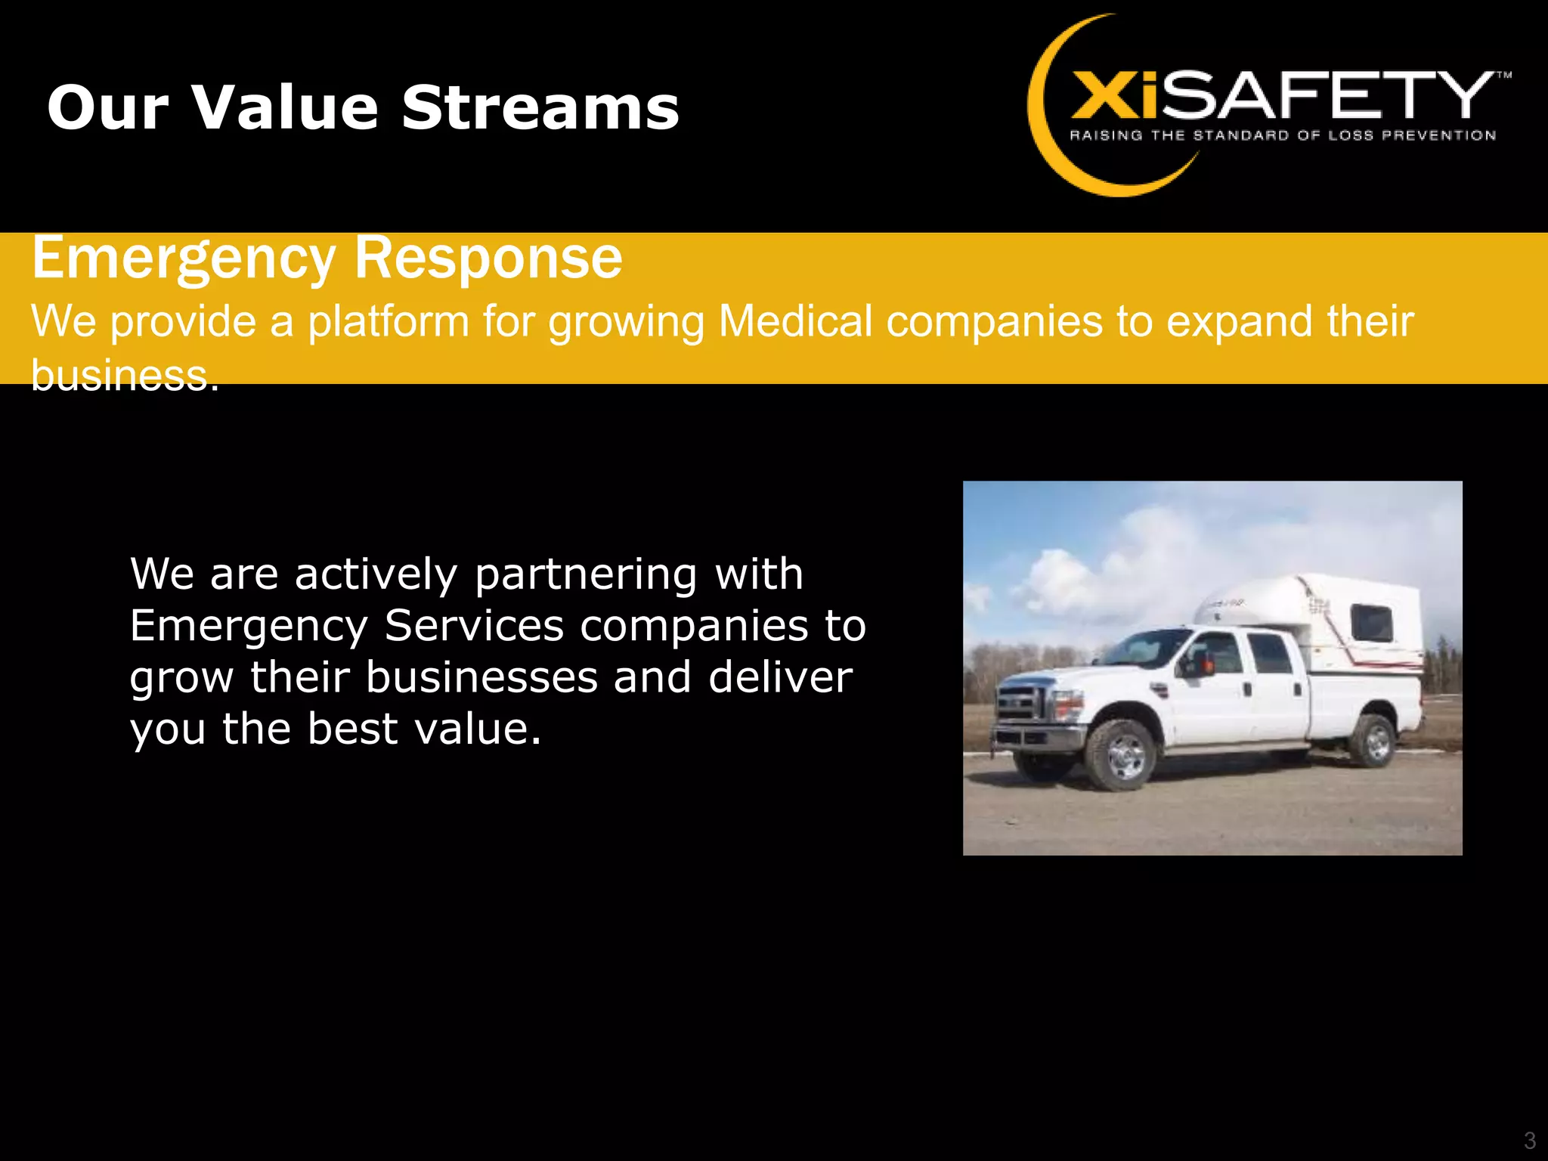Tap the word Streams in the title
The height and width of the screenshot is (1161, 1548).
point(540,107)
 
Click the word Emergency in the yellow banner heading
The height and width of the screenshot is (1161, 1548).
point(184,259)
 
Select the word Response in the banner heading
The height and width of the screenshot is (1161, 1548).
point(488,259)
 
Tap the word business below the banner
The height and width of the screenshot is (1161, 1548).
point(121,375)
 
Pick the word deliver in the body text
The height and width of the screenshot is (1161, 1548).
point(780,677)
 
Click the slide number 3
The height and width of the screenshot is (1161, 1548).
point(1529,1140)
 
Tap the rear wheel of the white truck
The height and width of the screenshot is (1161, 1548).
point(1376,740)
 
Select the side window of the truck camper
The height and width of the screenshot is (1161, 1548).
point(1371,624)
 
